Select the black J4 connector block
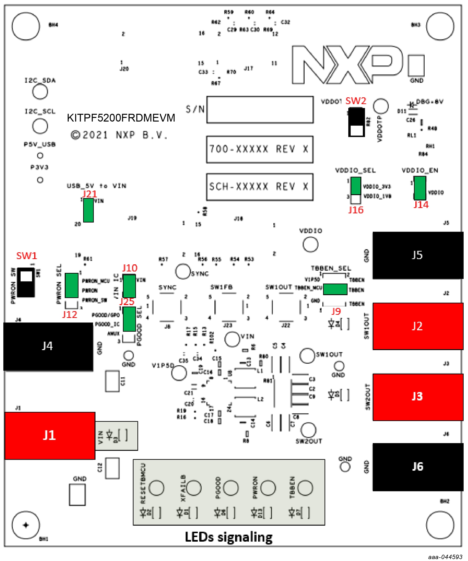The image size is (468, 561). pyautogui.click(x=48, y=346)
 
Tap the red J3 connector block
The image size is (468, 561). pyautogui.click(x=418, y=397)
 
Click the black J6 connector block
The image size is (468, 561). pyautogui.click(x=418, y=467)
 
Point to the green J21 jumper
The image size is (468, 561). pyautogui.click(x=88, y=210)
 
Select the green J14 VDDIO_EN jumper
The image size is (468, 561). pyautogui.click(x=420, y=188)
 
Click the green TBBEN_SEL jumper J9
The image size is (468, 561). pyautogui.click(x=335, y=289)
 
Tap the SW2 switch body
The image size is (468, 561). pyautogui.click(x=357, y=122)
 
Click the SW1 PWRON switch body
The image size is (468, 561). pyautogui.click(x=26, y=282)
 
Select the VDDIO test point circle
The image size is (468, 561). pyautogui.click(x=310, y=244)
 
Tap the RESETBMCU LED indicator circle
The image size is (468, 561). pyautogui.click(x=156, y=488)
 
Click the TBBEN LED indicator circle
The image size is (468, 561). pyautogui.click(x=305, y=488)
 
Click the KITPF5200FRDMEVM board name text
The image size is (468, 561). pyautogui.click(x=121, y=118)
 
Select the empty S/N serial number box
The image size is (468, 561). pyautogui.click(x=260, y=109)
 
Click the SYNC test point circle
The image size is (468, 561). pyautogui.click(x=183, y=271)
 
